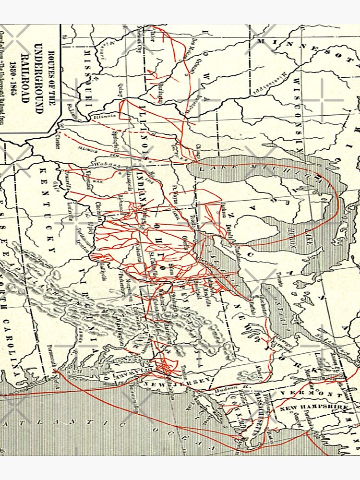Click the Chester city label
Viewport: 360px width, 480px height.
coord(58,139)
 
